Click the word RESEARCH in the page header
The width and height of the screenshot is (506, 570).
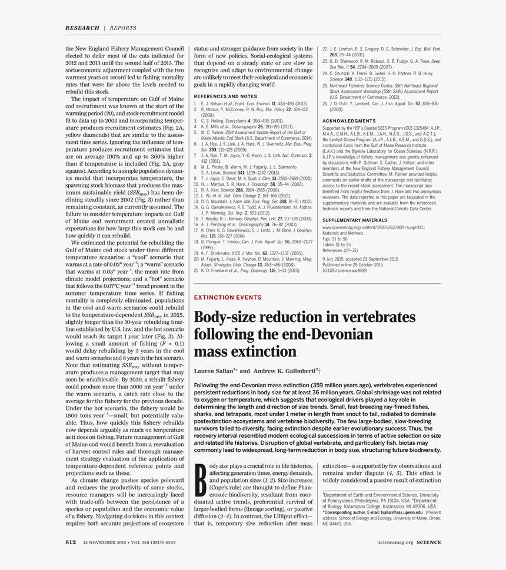point(82,28)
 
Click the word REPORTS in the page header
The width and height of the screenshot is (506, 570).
point(123,28)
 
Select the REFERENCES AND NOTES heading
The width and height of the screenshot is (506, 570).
point(225,96)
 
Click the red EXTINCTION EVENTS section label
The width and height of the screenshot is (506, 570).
point(228,297)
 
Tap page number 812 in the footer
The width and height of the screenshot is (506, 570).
point(71,542)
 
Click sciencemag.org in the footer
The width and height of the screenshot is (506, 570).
point(396,542)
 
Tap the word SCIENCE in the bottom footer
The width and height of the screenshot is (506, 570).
point(429,542)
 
